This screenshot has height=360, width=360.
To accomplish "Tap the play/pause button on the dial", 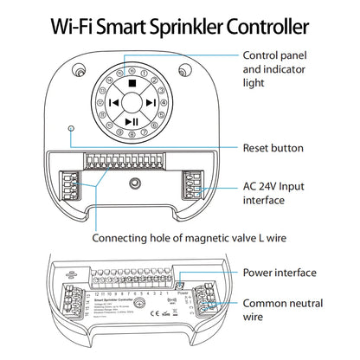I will click(129, 122).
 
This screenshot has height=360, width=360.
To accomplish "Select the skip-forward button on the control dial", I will click(150, 103).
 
